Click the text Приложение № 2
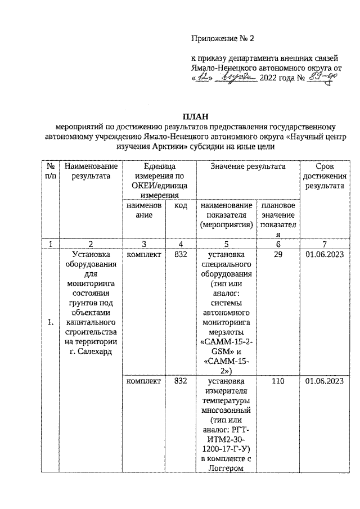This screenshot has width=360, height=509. pos(223,39)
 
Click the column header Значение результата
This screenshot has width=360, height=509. pos(247,166)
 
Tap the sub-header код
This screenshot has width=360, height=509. pos(181,206)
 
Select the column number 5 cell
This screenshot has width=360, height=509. pos(225,245)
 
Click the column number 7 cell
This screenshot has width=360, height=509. pos(325,245)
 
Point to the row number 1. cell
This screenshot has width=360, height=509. pos(51,322)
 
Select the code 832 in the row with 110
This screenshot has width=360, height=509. pos(181,381)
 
